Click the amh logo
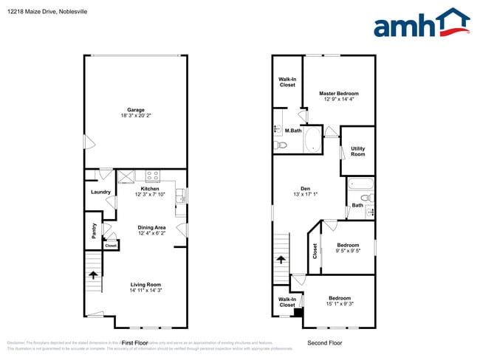coord(421,24)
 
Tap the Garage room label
coord(135,110)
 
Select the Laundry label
coord(100,192)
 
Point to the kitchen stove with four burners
coord(153,176)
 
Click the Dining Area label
coord(151,227)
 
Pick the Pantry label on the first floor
coord(94,232)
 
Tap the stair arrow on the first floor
coord(94,275)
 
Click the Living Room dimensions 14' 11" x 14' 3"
coord(145,291)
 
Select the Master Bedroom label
coord(338,94)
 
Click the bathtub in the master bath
coord(312,139)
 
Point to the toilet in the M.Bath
coord(281,146)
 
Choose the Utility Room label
coord(357,151)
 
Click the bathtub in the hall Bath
coord(360,185)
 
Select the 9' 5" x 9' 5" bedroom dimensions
coord(348,251)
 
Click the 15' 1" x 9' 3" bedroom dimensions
coord(340,303)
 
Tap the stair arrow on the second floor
coord(281,259)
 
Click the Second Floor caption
coord(324,343)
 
